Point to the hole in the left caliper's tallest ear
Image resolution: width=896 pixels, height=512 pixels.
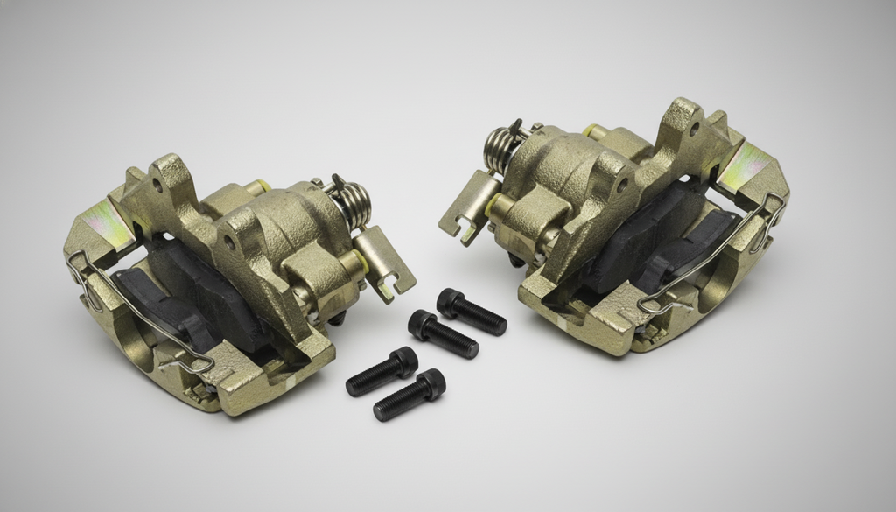pyautogui.click(x=158, y=186)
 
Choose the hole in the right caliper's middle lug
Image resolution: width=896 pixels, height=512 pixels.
pyautogui.click(x=621, y=186)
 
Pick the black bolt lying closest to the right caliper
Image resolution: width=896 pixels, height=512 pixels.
pyautogui.click(x=472, y=312)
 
